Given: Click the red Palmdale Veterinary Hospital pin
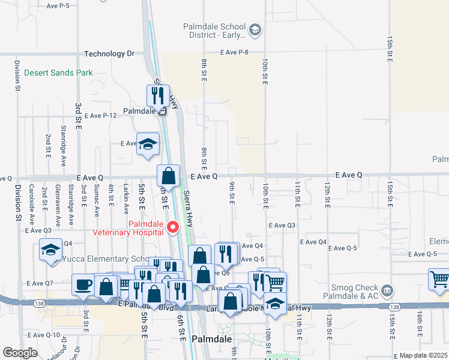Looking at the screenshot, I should coord(173,227).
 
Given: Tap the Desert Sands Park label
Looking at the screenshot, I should coord(58,73).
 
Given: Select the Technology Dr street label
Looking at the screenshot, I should coord(109,53).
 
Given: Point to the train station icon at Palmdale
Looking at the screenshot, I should coord(163,111).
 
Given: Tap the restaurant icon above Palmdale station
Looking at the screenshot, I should coord(158,95).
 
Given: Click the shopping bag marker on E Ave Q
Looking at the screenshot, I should coord(169,176).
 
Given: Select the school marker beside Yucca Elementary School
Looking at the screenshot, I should coord(51,249).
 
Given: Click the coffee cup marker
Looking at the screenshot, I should coord(83,284).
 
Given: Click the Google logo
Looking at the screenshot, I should coord(20,353).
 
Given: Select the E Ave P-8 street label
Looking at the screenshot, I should coord(234,53).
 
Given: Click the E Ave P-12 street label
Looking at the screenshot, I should coord(100,115).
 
